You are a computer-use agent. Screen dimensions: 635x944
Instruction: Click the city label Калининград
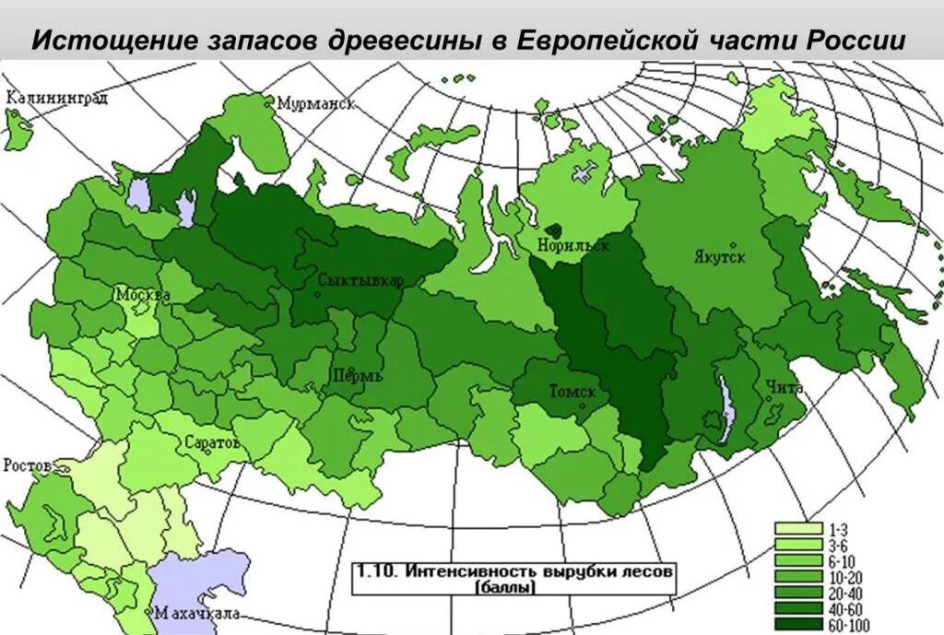coord(56,98)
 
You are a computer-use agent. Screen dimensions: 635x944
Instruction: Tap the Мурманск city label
coord(315,103)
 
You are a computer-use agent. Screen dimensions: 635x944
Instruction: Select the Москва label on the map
coord(142,295)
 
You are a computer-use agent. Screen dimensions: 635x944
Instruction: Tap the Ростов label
coord(28,464)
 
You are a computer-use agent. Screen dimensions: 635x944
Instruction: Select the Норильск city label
coord(577,246)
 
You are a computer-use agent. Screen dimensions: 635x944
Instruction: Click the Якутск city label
coord(719,257)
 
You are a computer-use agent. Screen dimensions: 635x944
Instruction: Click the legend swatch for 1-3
coord(797,529)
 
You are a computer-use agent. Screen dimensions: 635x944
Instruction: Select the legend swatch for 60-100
coord(797,626)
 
